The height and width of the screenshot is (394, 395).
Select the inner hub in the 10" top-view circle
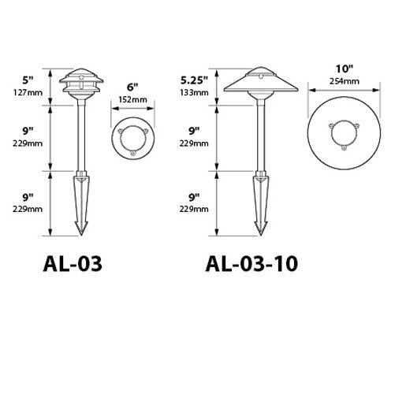[x=345, y=136]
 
